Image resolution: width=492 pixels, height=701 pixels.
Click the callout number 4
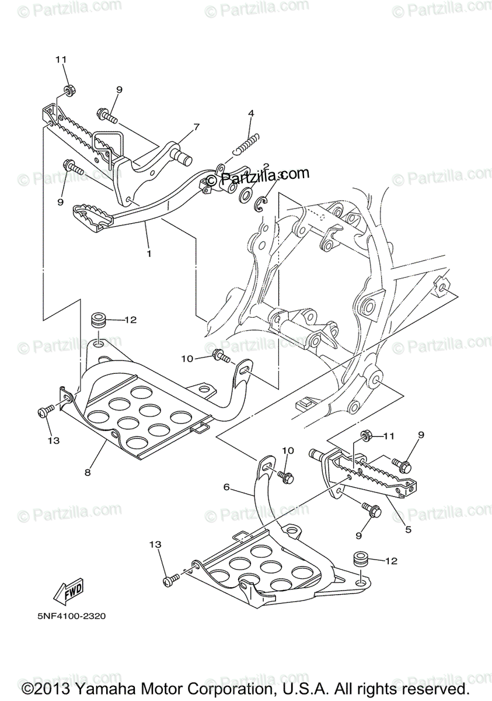click(x=250, y=113)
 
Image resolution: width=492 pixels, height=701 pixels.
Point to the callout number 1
click(x=149, y=254)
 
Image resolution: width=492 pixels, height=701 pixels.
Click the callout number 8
click(x=88, y=473)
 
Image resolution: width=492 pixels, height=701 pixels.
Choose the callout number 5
click(x=408, y=530)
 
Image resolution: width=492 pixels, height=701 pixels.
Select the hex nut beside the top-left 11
click(x=68, y=90)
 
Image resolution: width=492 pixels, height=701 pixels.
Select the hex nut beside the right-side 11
click(x=367, y=436)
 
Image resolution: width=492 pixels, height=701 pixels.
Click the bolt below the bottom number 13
click(x=172, y=581)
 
